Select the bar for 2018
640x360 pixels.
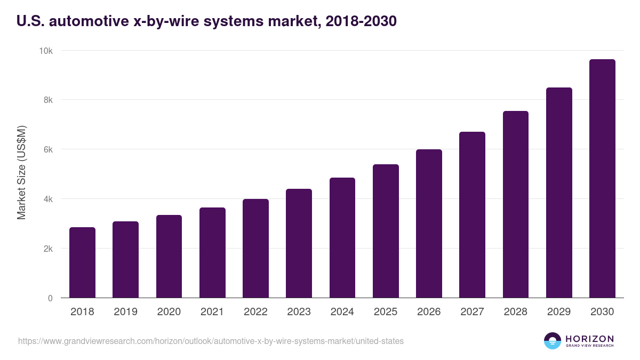(82, 262)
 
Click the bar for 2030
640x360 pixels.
(602, 179)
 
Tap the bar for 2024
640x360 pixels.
(342, 238)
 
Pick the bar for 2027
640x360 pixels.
(472, 215)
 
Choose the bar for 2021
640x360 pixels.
(212, 253)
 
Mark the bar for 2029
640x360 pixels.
(559, 193)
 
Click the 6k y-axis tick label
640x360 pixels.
(48, 150)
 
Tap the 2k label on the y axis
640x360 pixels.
(48, 249)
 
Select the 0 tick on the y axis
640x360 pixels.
(50, 298)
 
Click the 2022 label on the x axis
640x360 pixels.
(255, 312)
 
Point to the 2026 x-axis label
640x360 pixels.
(429, 312)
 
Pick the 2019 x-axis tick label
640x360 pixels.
(125, 312)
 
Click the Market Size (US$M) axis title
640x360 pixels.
(21, 172)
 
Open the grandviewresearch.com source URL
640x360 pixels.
(211, 341)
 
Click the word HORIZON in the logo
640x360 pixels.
(589, 339)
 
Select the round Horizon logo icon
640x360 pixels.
(552, 341)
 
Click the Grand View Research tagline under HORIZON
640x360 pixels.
(589, 346)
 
